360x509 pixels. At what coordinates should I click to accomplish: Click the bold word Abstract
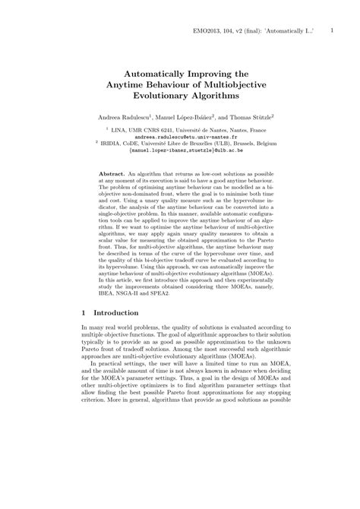(112, 174)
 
